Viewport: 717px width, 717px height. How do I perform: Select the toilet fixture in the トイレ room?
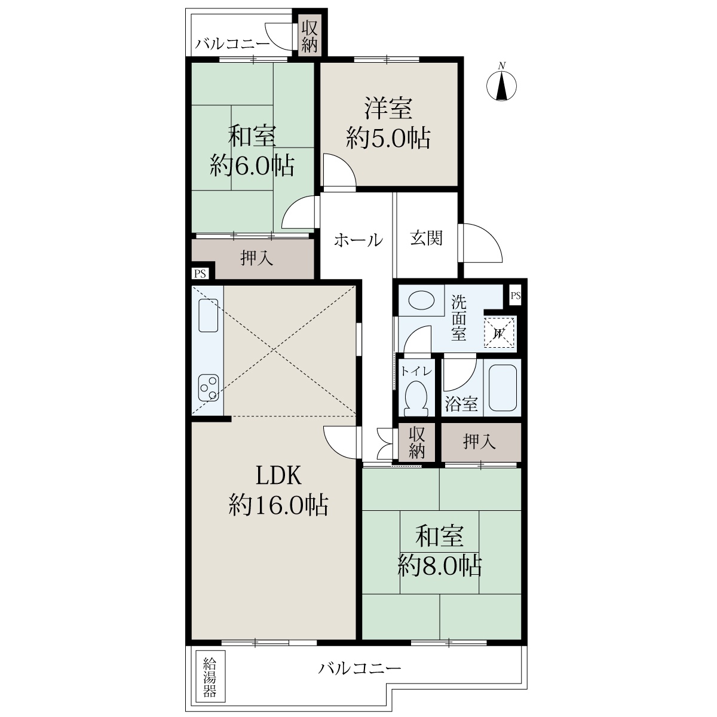click(x=416, y=399)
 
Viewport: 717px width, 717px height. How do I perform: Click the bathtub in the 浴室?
click(x=502, y=387)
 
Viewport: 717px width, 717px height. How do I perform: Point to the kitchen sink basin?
click(x=209, y=315)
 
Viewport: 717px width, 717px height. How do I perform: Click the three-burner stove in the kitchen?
click(x=209, y=388)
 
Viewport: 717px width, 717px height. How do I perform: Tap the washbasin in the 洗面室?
click(x=421, y=300)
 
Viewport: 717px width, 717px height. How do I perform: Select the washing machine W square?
click(x=498, y=332)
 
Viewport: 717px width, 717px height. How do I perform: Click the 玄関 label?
click(x=427, y=238)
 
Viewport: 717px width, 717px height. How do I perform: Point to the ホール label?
click(x=358, y=240)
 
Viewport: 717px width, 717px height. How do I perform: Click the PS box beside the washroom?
click(x=515, y=296)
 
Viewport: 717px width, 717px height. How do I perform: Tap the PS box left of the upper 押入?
click(x=200, y=274)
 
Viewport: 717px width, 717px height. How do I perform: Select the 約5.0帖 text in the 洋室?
click(x=388, y=139)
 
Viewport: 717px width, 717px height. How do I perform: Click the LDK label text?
click(x=278, y=476)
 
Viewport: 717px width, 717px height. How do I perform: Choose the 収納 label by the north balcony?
click(x=309, y=36)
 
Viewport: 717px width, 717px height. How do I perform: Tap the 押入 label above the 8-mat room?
click(x=479, y=442)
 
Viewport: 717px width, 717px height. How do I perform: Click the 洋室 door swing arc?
click(x=339, y=170)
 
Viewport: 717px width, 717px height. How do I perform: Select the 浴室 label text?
click(x=461, y=404)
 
